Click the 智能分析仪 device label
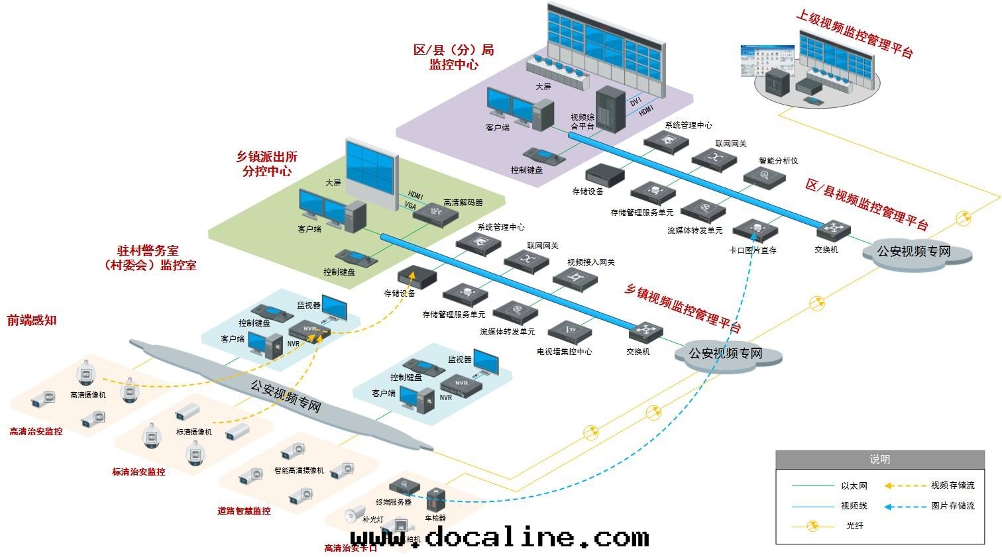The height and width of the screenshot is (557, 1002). pyautogui.click(x=778, y=160)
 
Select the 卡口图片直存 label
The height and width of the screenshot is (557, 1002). pyautogui.click(x=752, y=250)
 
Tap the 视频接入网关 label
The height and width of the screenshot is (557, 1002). pyautogui.click(x=590, y=262)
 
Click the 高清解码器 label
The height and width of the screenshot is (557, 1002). pyautogui.click(x=463, y=202)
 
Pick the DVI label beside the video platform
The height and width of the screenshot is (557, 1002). pyautogui.click(x=636, y=102)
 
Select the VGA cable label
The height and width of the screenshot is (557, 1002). pyautogui.click(x=411, y=206)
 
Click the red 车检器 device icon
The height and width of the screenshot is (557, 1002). pyautogui.click(x=435, y=499)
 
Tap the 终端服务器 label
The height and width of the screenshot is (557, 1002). pyautogui.click(x=394, y=502)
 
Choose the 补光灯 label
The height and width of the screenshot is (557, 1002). pyautogui.click(x=372, y=519)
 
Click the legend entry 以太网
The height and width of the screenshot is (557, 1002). pyautogui.click(x=854, y=485)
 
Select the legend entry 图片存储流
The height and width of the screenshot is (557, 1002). pyautogui.click(x=952, y=506)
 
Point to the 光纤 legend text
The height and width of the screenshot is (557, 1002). pyautogui.click(x=854, y=526)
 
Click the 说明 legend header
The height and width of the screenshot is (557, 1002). pyautogui.click(x=879, y=459)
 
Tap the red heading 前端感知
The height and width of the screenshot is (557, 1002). pyautogui.click(x=32, y=321)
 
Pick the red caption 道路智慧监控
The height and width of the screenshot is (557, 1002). pyautogui.click(x=244, y=511)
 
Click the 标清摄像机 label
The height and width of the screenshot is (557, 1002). pyautogui.click(x=194, y=432)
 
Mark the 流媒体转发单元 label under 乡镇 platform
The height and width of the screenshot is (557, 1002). pyautogui.click(x=507, y=331)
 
